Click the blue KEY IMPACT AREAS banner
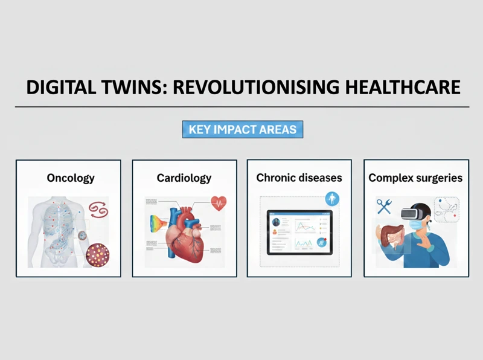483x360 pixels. pyautogui.click(x=242, y=129)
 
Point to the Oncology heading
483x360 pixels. pyautogui.click(x=71, y=178)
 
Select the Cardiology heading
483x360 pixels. pyautogui.click(x=184, y=178)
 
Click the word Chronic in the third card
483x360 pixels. pyautogui.click(x=277, y=178)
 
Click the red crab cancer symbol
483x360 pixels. pyautogui.click(x=98, y=210)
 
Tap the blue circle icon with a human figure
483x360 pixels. pyautogui.click(x=331, y=198)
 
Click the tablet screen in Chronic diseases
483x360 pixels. pyautogui.click(x=299, y=232)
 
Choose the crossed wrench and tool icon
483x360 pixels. pyautogui.click(x=384, y=207)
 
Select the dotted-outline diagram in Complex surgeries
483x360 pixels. pyautogui.click(x=447, y=210)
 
